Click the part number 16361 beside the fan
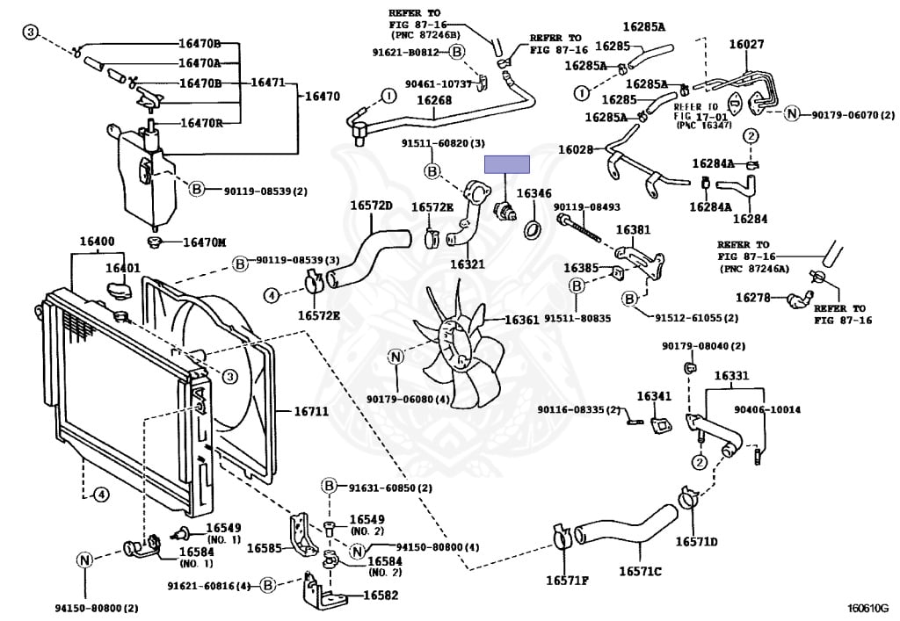coord(522,320)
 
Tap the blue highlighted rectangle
coord(507,164)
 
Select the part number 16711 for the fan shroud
coord(311,411)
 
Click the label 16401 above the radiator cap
coord(122,268)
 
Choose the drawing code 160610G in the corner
coord(867,608)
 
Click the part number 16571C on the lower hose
coord(640,571)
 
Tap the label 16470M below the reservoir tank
coord(204,242)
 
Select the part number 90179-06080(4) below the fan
coord(408,399)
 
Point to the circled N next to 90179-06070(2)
coord(792,113)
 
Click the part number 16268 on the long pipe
coord(434,100)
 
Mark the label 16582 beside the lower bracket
coord(381,596)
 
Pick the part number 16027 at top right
coord(746,44)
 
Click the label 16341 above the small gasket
coord(654,396)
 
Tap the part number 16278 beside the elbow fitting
coord(753,297)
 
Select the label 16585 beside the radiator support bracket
coord(264,548)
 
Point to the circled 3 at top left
coord(30,32)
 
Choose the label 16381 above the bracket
coord(633,229)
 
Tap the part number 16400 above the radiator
coord(97,242)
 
